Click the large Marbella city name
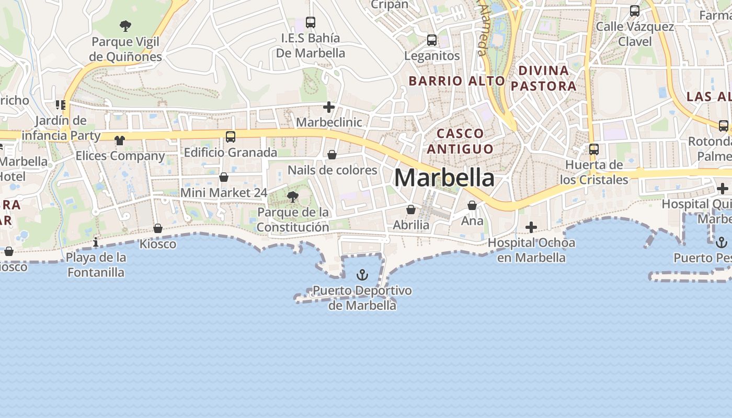tap(444, 178)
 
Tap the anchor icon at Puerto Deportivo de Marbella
tap(362, 275)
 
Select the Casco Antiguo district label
tap(460, 141)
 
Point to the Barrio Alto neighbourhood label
tap(456, 81)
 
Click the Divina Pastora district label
tap(543, 78)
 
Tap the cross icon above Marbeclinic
tap(329, 108)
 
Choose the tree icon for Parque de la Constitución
tap(293, 197)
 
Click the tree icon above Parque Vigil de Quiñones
tap(125, 26)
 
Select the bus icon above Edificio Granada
tap(230, 137)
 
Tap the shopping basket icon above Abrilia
tap(411, 210)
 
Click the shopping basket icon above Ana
tap(472, 205)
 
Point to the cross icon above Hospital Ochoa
tap(531, 227)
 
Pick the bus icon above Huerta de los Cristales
tap(594, 149)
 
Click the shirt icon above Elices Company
tap(120, 140)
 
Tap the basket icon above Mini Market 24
tap(224, 177)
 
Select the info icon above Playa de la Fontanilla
tap(96, 242)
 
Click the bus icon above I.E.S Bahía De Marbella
tap(311, 22)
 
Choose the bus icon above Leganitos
tap(432, 40)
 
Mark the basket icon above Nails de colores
tap(332, 155)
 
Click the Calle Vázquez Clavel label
tap(635, 34)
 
